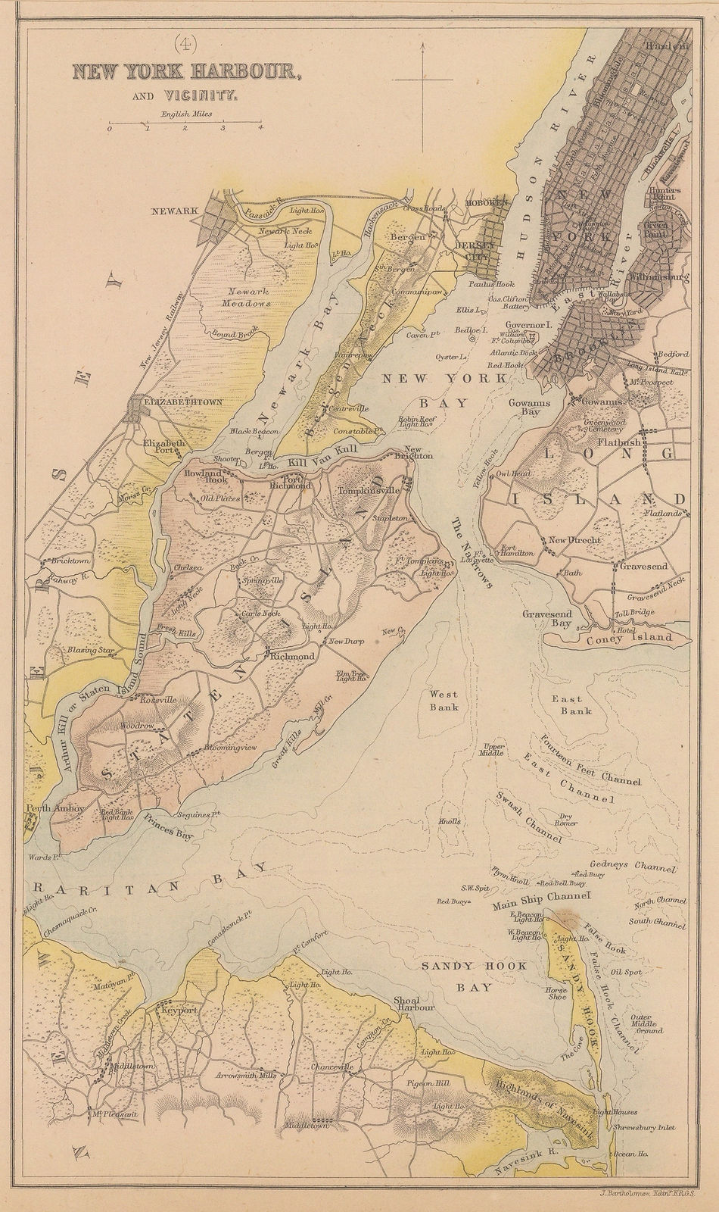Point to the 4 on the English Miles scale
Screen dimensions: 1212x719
coord(260,129)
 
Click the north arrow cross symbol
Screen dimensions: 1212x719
coord(422,78)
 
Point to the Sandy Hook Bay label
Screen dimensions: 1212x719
coord(457,977)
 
